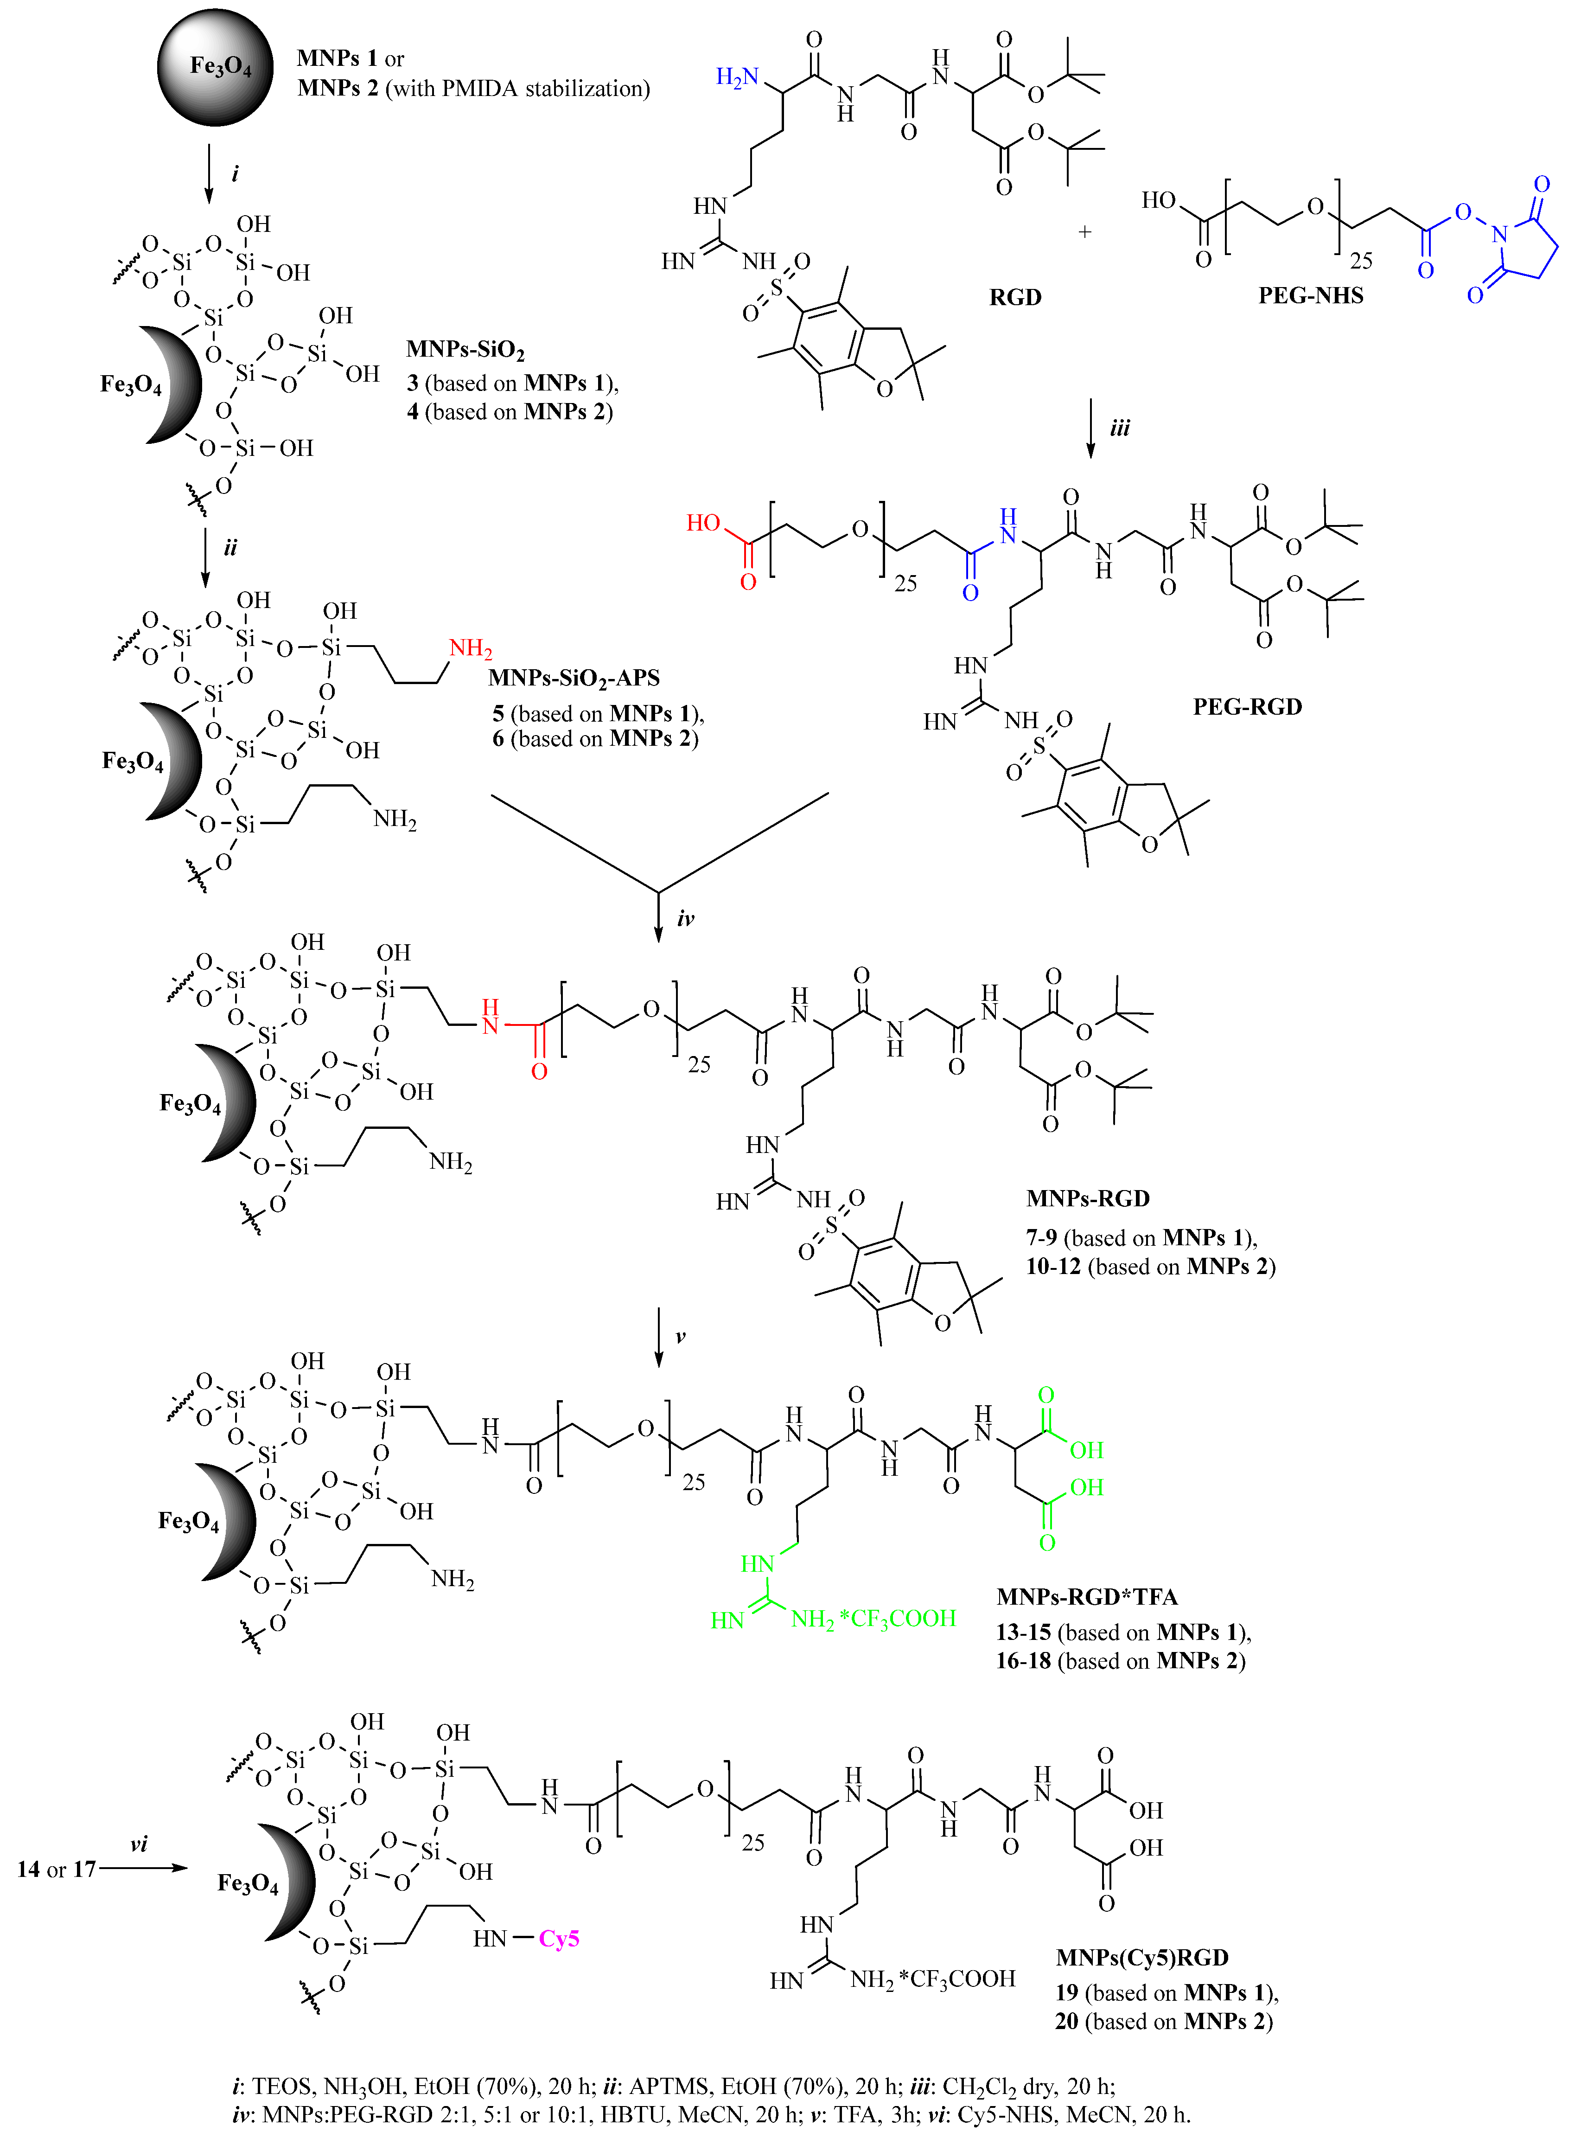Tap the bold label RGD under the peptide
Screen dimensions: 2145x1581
pyautogui.click(x=1014, y=297)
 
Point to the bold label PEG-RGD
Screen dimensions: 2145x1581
pyautogui.click(x=1247, y=706)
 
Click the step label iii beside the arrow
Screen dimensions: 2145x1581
pyautogui.click(x=1120, y=428)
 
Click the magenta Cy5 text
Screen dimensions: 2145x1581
pyautogui.click(x=559, y=1938)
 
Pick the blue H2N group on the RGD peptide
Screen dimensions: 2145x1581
pyautogui.click(x=737, y=77)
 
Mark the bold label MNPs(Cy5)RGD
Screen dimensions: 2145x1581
pyautogui.click(x=1142, y=1957)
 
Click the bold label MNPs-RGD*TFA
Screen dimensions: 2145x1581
pyautogui.click(x=1086, y=1596)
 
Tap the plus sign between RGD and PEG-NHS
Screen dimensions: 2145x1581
pyautogui.click(x=1084, y=231)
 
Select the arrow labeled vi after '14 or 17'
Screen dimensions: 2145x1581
pyautogui.click(x=144, y=1867)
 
